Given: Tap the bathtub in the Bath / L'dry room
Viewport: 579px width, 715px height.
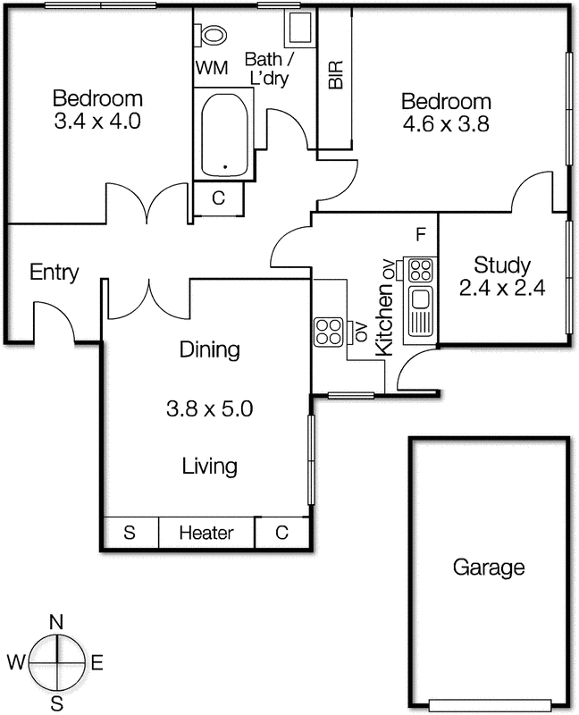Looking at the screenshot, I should click(224, 134).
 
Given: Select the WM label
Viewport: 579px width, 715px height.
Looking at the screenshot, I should click(212, 68).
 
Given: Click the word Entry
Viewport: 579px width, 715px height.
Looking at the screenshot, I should click(54, 273).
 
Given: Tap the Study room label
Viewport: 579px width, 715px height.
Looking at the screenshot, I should click(502, 265).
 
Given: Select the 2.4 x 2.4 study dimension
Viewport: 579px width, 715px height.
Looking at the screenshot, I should click(502, 288).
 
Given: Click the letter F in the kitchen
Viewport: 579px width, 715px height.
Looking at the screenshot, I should click(419, 235).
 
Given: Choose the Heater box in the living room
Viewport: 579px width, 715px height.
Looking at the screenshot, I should click(206, 534).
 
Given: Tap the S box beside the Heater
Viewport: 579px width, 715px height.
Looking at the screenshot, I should click(130, 534).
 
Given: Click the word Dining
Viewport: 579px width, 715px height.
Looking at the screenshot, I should click(209, 349).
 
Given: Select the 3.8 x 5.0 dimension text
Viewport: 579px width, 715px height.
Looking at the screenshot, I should click(210, 409).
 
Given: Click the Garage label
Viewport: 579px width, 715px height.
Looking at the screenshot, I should click(488, 567).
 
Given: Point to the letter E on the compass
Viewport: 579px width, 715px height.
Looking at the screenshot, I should click(97, 663).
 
